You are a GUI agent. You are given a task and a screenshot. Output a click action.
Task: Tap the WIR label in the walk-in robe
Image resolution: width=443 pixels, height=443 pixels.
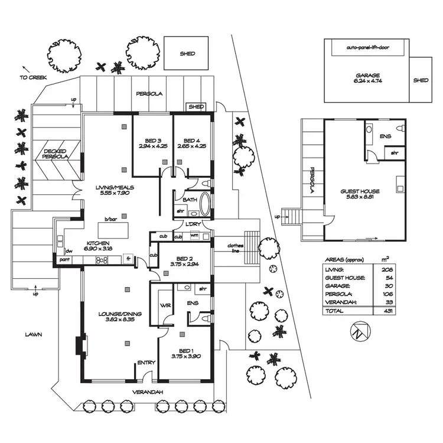(165, 305)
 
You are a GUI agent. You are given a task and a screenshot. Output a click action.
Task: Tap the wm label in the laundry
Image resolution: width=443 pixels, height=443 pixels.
(194, 235)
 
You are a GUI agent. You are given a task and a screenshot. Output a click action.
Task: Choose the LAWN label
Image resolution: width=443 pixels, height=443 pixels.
(33, 334)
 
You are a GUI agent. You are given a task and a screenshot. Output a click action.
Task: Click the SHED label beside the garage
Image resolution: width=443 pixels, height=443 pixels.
(421, 80)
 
